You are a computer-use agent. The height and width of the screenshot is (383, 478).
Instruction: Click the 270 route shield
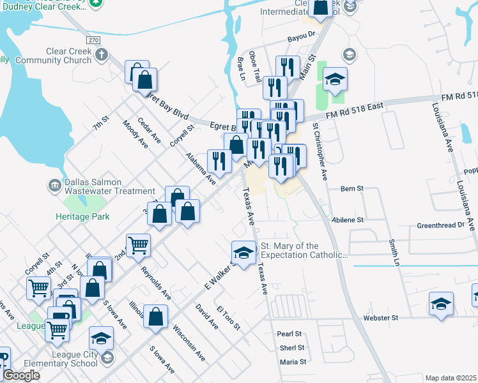pyautogui.click(x=94, y=40)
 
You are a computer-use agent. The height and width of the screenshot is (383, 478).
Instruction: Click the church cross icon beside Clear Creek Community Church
pyautogui.click(x=100, y=54)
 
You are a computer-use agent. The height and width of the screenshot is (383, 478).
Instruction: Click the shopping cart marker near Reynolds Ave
pyautogui.click(x=138, y=245)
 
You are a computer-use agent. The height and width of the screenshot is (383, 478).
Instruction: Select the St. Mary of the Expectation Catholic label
pyautogui.click(x=304, y=250)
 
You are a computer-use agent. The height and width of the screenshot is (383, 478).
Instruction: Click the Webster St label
pyautogui.click(x=380, y=317)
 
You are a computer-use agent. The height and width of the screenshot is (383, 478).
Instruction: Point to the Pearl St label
pyautogui.click(x=289, y=334)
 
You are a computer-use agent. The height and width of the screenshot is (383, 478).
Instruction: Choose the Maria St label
pyautogui.click(x=293, y=362)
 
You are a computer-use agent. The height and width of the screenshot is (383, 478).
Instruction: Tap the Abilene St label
pyautogui.click(x=348, y=220)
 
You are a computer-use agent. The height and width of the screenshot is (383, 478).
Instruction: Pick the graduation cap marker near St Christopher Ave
pyautogui.click(x=335, y=80)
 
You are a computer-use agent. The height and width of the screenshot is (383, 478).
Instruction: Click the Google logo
pyautogui.click(x=21, y=375)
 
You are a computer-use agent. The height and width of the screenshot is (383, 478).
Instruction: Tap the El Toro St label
pyautogui.click(x=227, y=318)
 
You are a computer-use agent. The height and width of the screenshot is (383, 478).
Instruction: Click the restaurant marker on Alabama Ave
pyautogui.click(x=220, y=160)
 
